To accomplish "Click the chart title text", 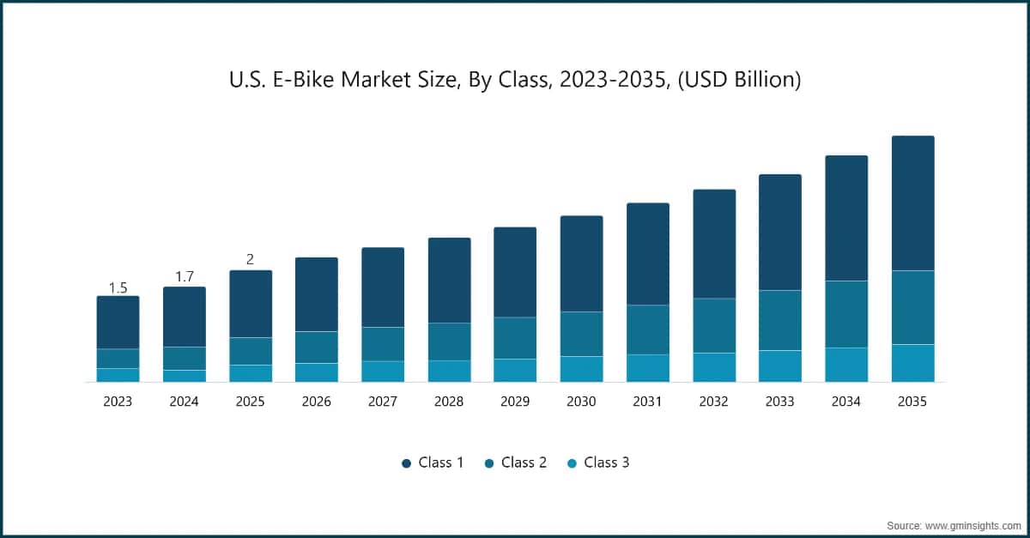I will click(x=515, y=81).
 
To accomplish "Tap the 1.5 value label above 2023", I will click(x=118, y=287).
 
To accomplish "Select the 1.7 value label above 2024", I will click(x=185, y=276).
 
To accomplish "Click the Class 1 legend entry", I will click(x=433, y=462).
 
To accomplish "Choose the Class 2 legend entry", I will click(x=516, y=462).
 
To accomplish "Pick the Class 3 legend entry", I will click(x=598, y=462).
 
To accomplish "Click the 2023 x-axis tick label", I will click(x=118, y=401).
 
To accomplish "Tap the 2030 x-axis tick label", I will click(x=581, y=401).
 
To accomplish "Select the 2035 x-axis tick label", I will click(x=912, y=401).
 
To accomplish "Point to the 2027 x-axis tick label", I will click(x=383, y=401).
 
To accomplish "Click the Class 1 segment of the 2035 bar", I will click(x=912, y=203).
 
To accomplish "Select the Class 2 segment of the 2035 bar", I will click(x=912, y=307).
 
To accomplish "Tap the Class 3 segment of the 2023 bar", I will click(x=118, y=375).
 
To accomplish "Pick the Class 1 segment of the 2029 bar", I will click(x=515, y=272).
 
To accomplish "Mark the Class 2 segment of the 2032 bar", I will click(x=714, y=325).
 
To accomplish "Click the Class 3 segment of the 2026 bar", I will click(x=317, y=372).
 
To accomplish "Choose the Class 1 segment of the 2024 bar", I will click(x=185, y=317).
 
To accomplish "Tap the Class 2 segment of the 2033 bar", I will click(x=780, y=320).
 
